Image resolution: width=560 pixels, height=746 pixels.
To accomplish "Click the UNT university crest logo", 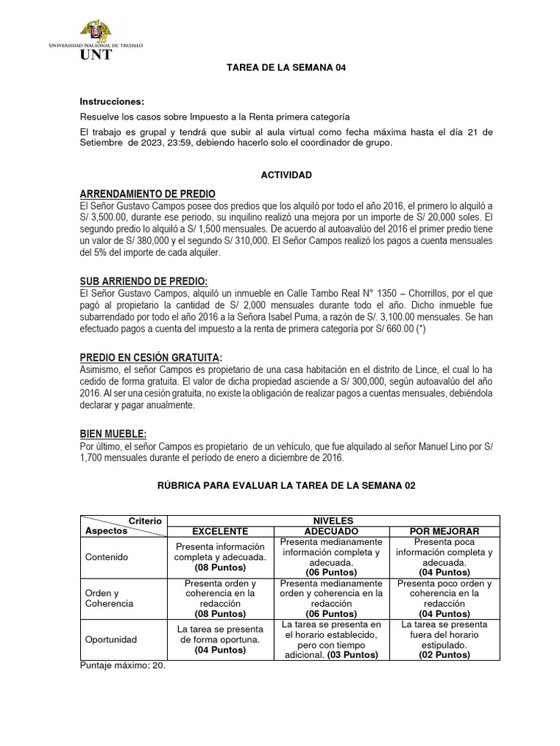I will coord(96,32).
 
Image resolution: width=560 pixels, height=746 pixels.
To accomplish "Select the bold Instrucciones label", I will coord(112,101).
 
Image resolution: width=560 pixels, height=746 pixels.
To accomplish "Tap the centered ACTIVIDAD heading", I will coord(287,175).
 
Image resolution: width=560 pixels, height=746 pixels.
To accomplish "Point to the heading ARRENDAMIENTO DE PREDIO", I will coord(147,194).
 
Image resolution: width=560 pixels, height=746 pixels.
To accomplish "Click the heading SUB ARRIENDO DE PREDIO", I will coord(144,282).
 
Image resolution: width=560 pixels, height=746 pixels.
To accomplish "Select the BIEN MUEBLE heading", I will coord(113,433).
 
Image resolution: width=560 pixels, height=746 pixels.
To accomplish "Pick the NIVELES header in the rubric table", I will coord(332,521).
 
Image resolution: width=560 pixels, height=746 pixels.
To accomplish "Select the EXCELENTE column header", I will coord(219,531).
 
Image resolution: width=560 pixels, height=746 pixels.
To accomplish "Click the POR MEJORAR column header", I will coord(444,531).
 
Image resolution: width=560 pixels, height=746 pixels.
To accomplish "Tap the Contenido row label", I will coord(106,557).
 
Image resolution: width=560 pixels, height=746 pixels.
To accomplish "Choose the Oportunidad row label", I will coord(111,640).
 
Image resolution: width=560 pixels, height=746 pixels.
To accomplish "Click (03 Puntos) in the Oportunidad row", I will coord(353,655).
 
